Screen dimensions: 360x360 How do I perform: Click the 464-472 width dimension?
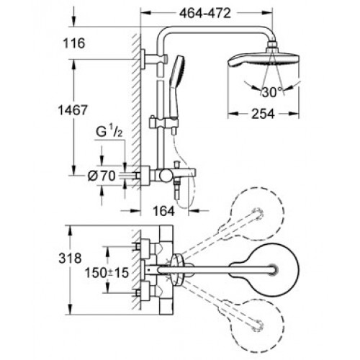[x=205, y=14]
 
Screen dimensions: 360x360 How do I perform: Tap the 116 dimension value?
[x=74, y=43]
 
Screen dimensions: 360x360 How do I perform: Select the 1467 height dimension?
[x=73, y=110]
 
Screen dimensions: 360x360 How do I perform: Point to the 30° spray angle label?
[x=272, y=92]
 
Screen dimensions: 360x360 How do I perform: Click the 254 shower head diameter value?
[x=263, y=114]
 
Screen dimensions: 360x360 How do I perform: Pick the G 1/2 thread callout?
[x=109, y=132]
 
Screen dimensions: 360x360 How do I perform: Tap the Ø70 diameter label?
[x=102, y=176]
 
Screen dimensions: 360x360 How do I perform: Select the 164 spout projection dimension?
[x=164, y=211]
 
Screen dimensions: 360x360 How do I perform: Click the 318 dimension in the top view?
[x=70, y=258]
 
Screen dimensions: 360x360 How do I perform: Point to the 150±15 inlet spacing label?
[x=107, y=273]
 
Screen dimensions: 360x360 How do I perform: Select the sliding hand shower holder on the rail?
[x=163, y=122]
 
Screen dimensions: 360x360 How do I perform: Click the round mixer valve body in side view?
[x=166, y=176]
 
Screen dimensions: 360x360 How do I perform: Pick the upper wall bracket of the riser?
[x=153, y=59]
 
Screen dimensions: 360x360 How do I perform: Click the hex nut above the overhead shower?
[x=272, y=45]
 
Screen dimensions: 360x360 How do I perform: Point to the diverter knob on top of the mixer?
[x=177, y=165]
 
